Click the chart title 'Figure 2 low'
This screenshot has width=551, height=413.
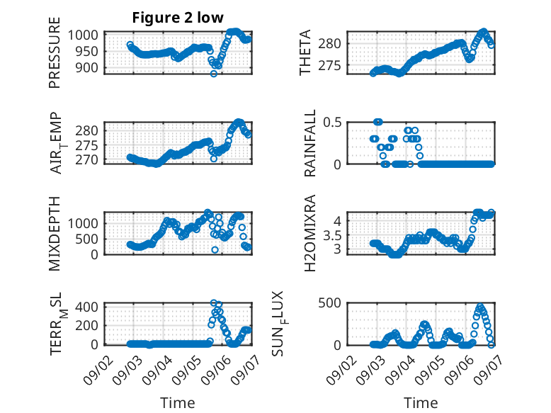click(178, 18)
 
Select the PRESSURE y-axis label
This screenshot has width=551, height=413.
click(55, 52)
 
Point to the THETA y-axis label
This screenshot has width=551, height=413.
click(305, 52)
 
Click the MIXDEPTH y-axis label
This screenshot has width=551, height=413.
click(55, 234)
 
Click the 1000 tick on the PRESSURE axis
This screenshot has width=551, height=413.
click(83, 35)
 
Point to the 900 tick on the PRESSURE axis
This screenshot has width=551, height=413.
click(86, 67)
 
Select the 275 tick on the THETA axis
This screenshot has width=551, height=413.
click(329, 65)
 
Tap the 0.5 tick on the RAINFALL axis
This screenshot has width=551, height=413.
click(332, 123)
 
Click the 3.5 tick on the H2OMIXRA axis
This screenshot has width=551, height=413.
click(332, 235)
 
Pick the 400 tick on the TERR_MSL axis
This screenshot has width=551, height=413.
click(86, 307)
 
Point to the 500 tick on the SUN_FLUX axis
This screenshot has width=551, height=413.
click(329, 303)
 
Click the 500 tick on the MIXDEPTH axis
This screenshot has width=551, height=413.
click(86, 239)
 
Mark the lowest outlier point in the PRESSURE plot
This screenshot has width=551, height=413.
click(214, 74)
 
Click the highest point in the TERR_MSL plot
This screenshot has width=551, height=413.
click(214, 302)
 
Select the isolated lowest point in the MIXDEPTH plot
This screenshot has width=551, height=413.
click(215, 249)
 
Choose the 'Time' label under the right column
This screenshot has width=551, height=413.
click(421, 402)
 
